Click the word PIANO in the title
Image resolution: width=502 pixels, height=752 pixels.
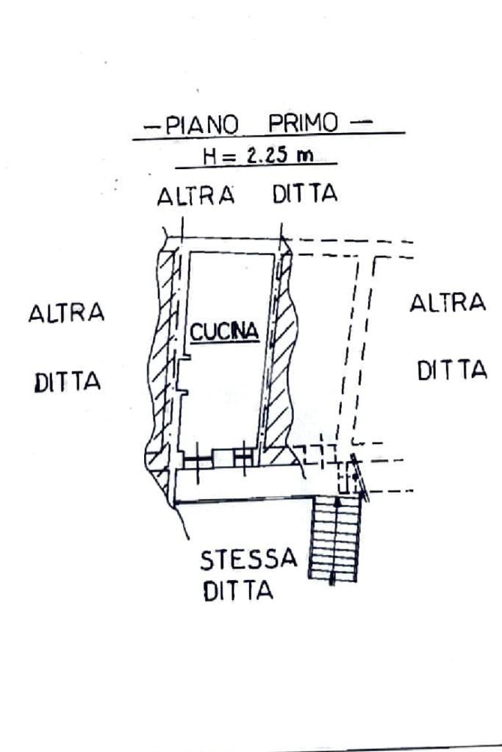pyautogui.click(x=201, y=124)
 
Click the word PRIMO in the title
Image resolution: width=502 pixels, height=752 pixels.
pyautogui.click(x=303, y=123)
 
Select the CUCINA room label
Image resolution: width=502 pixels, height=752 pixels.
pyautogui.click(x=225, y=332)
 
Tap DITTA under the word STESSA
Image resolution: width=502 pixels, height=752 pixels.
pyautogui.click(x=237, y=591)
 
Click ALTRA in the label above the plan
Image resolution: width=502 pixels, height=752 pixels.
pyautogui.click(x=196, y=196)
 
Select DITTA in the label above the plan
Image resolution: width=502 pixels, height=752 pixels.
pyautogui.click(x=304, y=195)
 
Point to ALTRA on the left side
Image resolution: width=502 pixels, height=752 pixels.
pyautogui.click(x=66, y=313)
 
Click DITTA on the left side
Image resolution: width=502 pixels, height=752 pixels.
pyautogui.click(x=68, y=382)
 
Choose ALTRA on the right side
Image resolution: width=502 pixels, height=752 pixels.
pyautogui.click(x=448, y=303)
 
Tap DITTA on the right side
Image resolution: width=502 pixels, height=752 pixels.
pyautogui.click(x=452, y=370)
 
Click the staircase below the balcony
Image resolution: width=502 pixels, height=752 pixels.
pyautogui.click(x=335, y=539)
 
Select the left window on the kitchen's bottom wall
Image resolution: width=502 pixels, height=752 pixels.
pyautogui.click(x=196, y=459)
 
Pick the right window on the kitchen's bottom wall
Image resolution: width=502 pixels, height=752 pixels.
pyautogui.click(x=243, y=458)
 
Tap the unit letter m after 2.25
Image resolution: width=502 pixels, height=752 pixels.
pyautogui.click(x=300, y=157)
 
